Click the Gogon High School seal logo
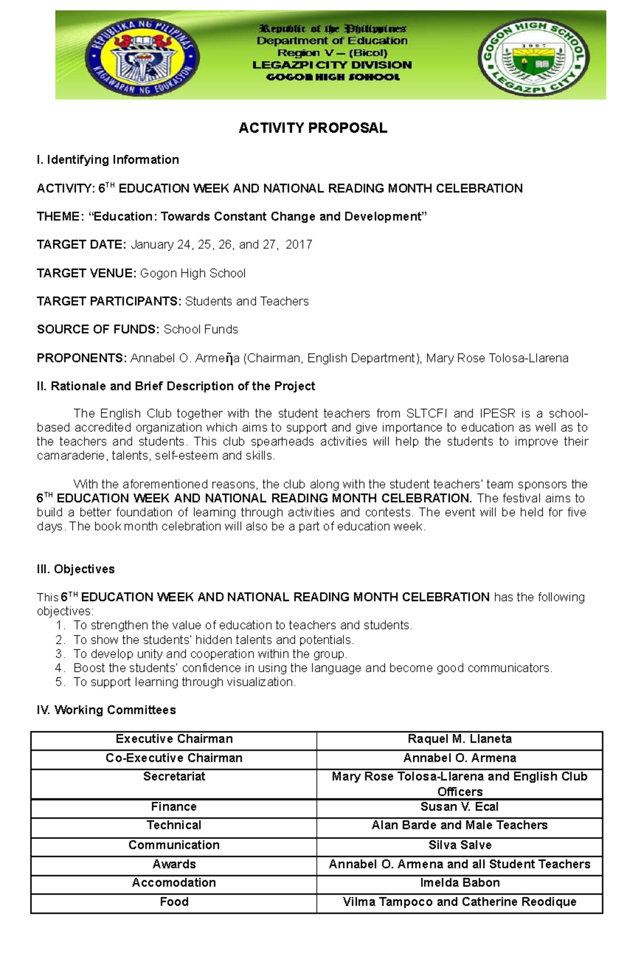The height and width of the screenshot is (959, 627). click(x=534, y=58)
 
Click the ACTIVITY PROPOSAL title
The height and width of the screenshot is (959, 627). click(x=312, y=128)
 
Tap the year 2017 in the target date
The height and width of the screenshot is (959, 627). click(x=299, y=245)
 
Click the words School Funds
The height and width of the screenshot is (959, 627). click(x=201, y=329)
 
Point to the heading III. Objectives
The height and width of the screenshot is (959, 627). click(x=76, y=569)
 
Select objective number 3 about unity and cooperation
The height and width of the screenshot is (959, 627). click(x=210, y=654)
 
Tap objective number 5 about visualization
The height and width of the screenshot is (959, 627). click(x=184, y=682)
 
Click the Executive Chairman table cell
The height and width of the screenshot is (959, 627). click(x=174, y=739)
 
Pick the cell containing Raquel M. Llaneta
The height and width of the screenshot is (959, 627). click(x=459, y=739)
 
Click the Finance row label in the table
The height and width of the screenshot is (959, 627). click(x=174, y=807)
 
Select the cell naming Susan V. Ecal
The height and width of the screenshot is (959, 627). click(x=459, y=807)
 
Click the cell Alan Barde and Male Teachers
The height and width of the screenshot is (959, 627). click(x=459, y=825)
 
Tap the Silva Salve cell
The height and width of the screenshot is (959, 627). click(x=459, y=845)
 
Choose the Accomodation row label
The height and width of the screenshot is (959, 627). click(x=174, y=883)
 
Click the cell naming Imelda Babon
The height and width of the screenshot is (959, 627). click(x=459, y=883)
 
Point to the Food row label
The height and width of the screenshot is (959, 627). click(x=174, y=902)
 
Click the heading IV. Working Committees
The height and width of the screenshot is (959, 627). click(x=106, y=710)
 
